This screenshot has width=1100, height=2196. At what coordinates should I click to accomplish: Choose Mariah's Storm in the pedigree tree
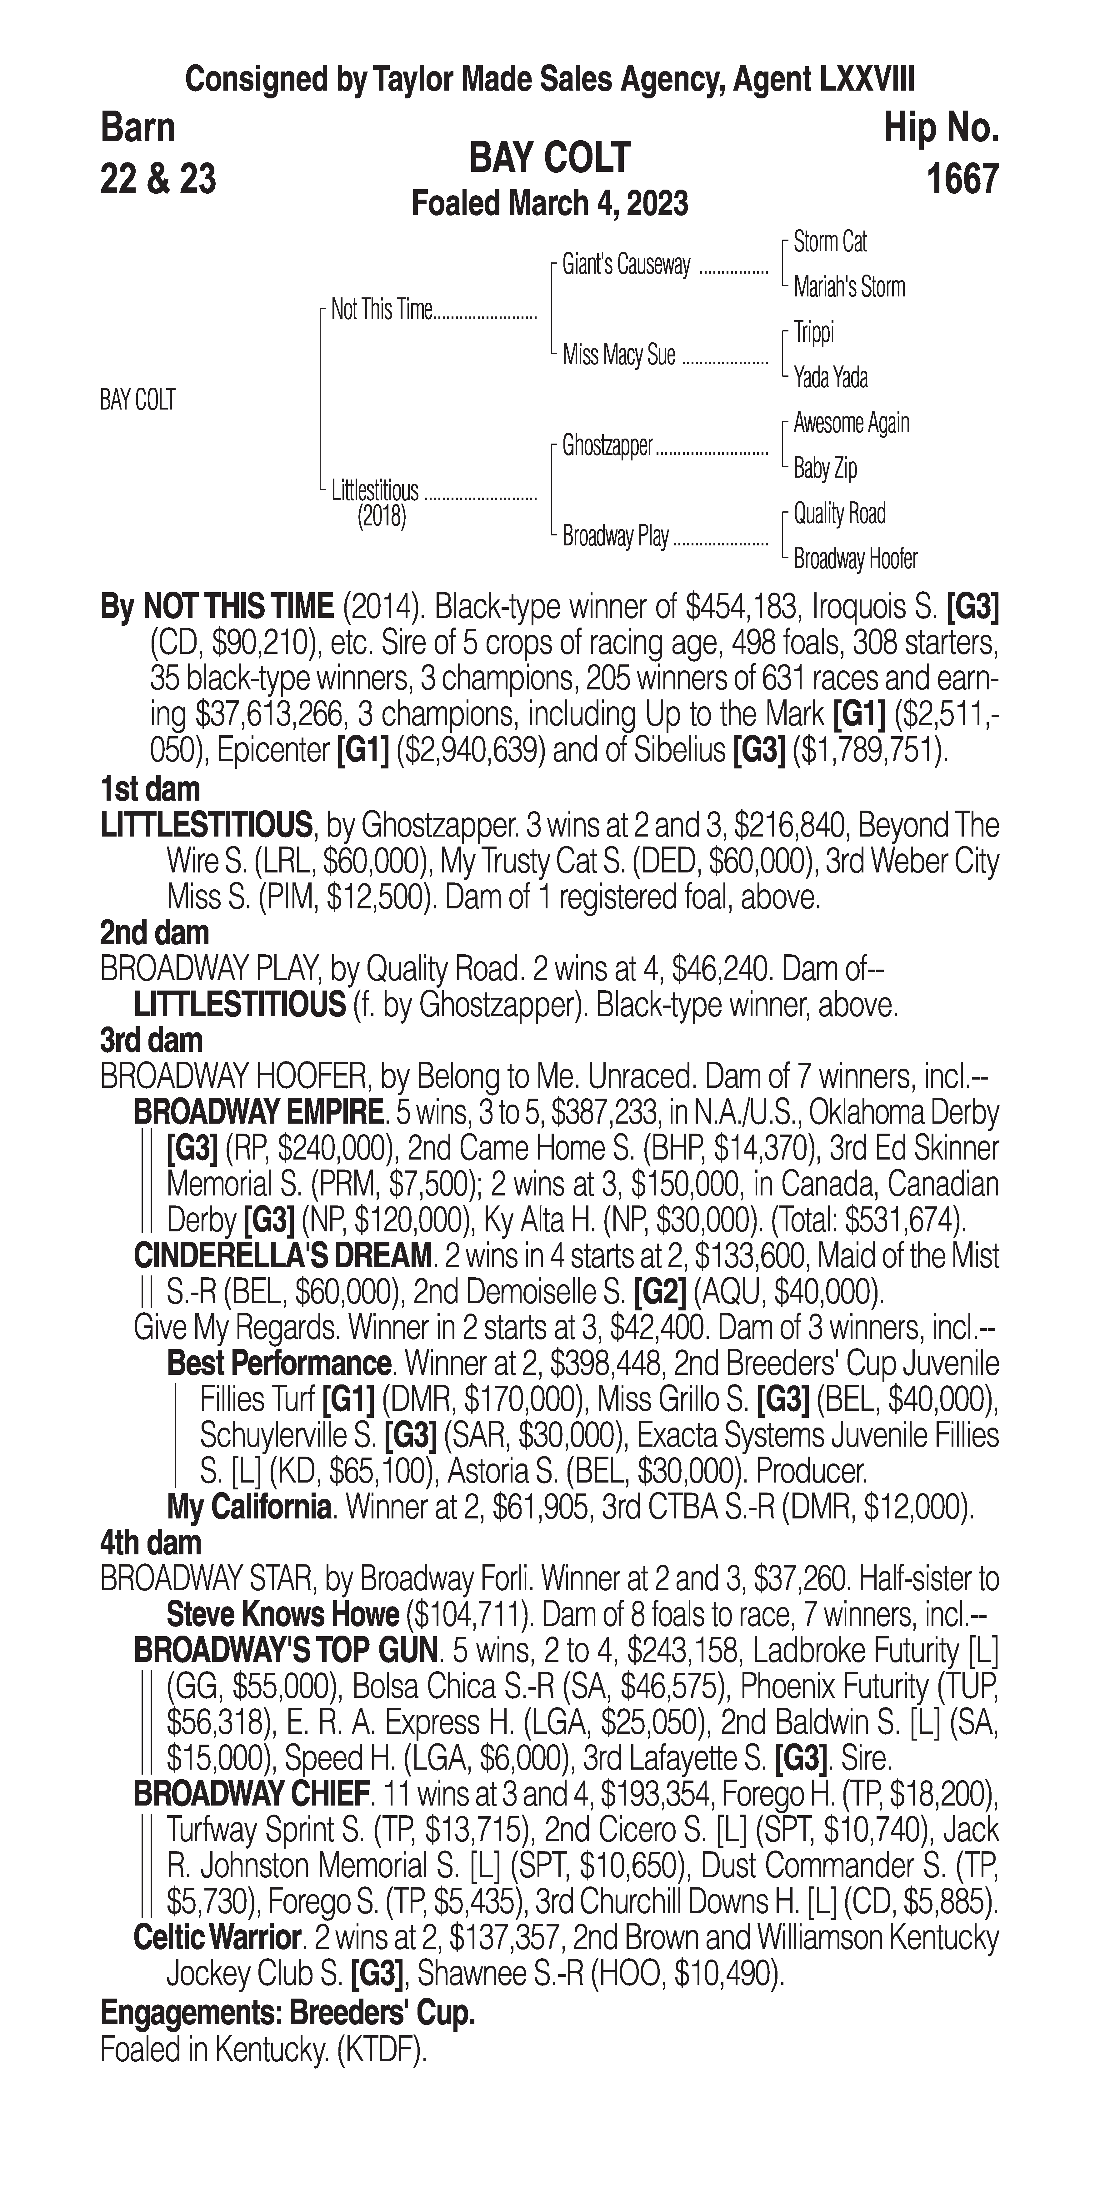pyautogui.click(x=848, y=287)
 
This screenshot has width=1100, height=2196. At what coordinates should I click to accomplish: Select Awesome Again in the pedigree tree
pyautogui.click(x=851, y=423)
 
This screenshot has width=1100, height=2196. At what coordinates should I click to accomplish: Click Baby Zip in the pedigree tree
pyautogui.click(x=825, y=468)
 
